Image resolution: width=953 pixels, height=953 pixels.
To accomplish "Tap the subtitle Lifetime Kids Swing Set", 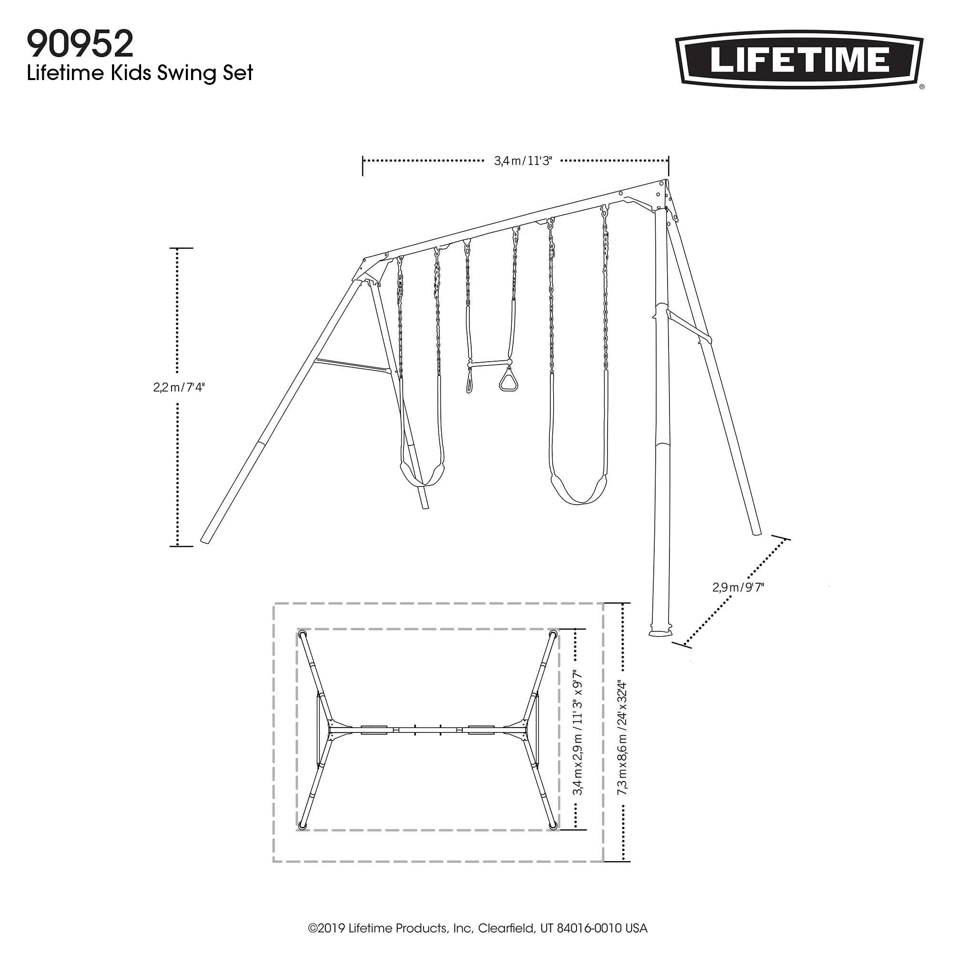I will coord(140,73).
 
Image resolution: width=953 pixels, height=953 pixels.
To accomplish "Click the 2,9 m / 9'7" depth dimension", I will coord(738,587).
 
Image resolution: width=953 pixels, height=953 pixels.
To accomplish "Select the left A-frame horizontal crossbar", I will coord(351,366).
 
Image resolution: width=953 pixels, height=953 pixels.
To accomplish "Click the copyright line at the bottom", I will coord(477,928).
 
